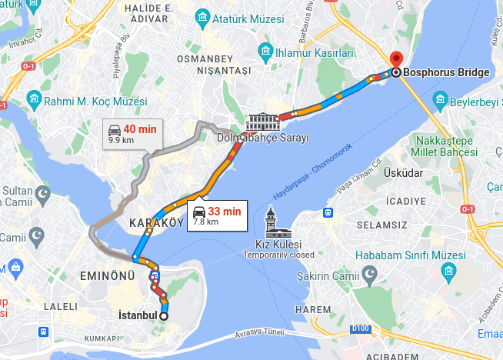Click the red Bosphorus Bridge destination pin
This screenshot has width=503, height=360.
[x=396, y=60]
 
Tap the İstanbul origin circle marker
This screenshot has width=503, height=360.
[x=164, y=315]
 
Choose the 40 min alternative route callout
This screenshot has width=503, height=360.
[x=132, y=133]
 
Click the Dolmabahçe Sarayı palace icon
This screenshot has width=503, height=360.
[x=262, y=122]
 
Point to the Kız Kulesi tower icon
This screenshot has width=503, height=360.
[x=271, y=223]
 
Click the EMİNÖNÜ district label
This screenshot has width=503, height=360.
[x=107, y=275]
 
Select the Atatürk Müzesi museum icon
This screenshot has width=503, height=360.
[x=202, y=16]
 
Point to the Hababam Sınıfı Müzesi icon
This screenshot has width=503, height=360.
[x=448, y=271]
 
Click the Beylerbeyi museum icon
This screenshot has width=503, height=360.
[x=439, y=100]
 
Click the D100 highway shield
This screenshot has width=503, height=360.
[x=359, y=329]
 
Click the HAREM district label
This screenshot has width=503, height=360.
[x=311, y=308]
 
